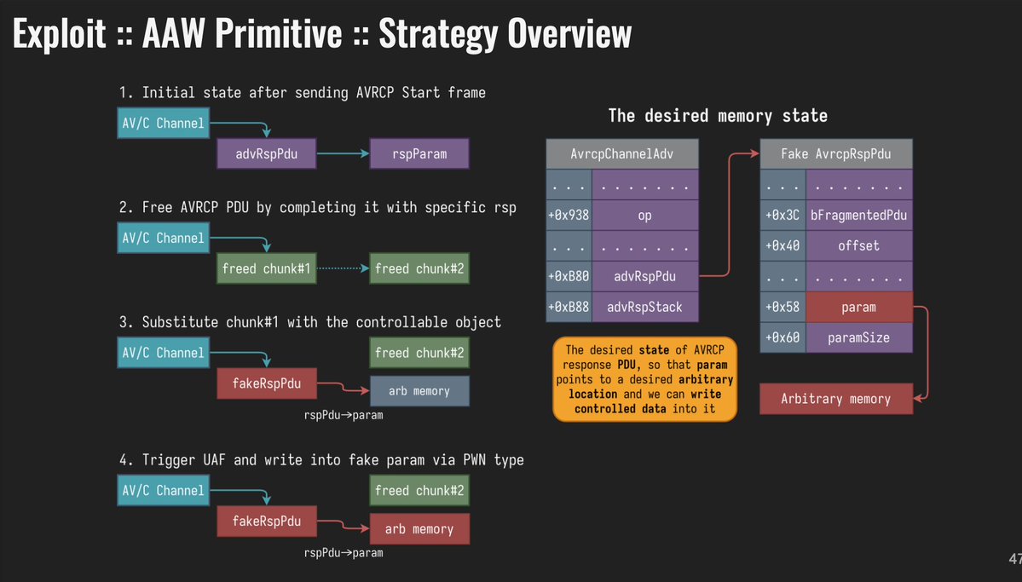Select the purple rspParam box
419,154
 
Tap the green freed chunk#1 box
263,268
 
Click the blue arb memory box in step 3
419,390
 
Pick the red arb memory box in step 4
419,529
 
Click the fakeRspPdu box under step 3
261,383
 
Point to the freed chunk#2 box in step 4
420,490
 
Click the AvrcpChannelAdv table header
621,153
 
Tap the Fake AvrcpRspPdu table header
835,153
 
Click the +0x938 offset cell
568,215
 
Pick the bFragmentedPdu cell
858,215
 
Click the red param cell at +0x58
858,307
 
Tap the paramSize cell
858,337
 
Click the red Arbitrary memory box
835,399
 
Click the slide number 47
1013,559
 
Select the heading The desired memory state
717,115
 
